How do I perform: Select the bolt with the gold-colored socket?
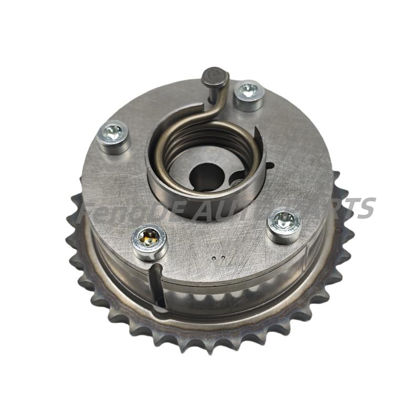click(149, 241)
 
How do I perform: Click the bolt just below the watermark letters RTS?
click(284, 225)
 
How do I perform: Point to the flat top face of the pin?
click(215, 76)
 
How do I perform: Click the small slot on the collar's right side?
click(269, 167)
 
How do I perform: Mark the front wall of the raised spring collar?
click(205, 202)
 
